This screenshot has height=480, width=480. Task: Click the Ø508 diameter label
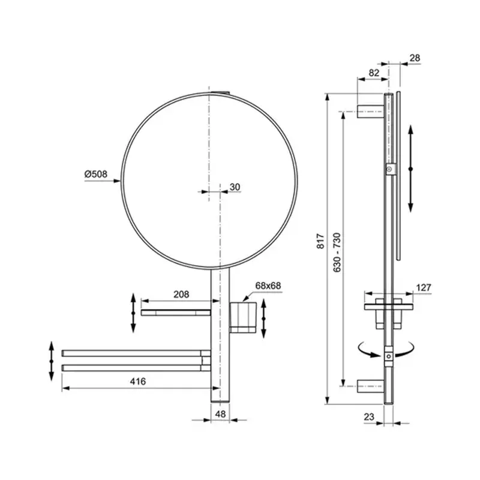[x=95, y=174]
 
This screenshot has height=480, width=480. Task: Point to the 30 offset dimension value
[x=235, y=187]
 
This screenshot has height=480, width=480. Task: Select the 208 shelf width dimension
[x=181, y=294]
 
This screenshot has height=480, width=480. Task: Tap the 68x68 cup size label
[x=268, y=286]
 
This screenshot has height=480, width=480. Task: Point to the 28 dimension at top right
[x=415, y=58]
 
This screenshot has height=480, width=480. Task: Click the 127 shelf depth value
[x=424, y=287]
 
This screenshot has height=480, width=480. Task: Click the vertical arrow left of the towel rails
[x=52, y=361]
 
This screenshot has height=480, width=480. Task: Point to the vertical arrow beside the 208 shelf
[x=133, y=311]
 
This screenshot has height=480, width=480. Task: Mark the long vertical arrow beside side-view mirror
[x=411, y=169]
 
